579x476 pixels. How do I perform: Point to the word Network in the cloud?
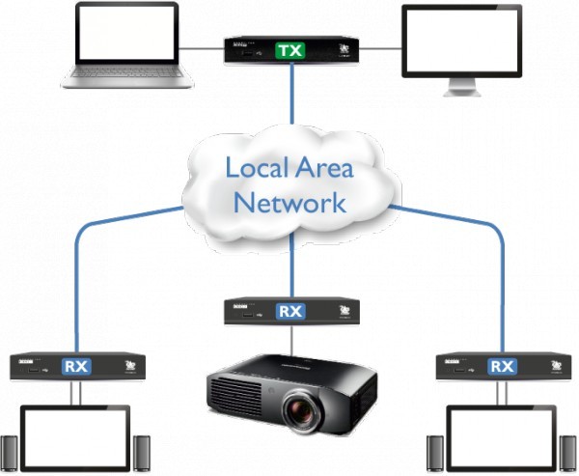[289, 203]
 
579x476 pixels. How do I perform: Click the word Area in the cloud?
[324, 167]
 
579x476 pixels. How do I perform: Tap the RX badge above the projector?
[289, 311]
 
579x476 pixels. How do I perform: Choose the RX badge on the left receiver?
[75, 367]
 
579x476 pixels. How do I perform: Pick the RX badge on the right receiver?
[502, 367]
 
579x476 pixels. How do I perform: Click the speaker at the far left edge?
[10, 456]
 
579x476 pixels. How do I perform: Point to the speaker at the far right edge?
[568, 456]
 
